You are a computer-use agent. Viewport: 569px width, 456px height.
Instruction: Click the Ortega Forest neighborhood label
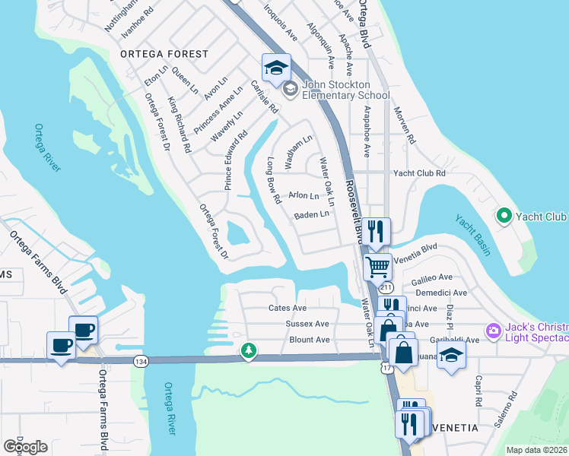coord(164,54)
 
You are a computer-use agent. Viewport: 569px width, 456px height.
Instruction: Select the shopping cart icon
coord(377,267)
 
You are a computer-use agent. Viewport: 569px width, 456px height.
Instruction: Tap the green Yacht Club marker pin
coord(503,217)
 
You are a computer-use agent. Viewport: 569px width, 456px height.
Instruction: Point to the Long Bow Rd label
coord(274,180)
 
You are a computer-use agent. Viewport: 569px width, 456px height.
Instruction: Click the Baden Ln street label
coord(312,215)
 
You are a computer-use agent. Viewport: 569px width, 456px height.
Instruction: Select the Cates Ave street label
coord(288,308)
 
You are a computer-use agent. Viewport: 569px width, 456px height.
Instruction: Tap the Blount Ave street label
coord(310,340)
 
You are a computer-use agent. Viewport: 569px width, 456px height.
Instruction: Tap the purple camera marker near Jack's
coord(493,330)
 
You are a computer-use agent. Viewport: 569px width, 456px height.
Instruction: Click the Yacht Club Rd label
coord(418,173)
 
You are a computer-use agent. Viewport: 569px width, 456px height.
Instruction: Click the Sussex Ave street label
coord(307,324)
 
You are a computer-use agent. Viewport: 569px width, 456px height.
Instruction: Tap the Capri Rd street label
coord(478,391)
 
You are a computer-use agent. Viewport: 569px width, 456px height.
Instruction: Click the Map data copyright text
coord(536,450)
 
